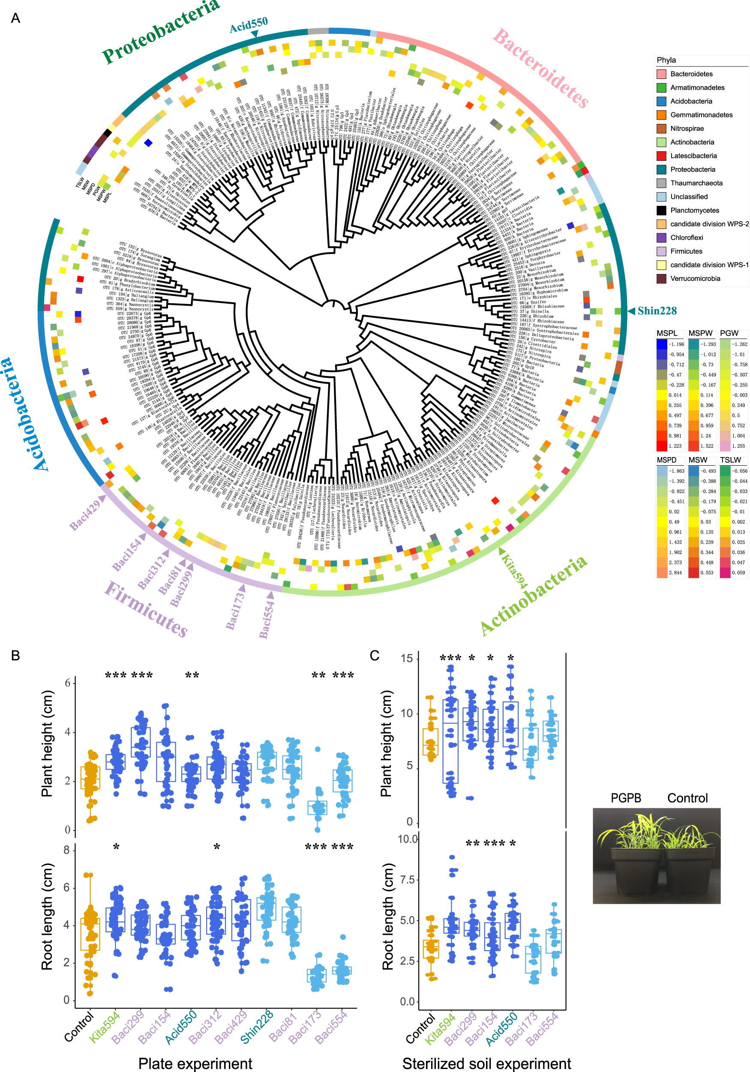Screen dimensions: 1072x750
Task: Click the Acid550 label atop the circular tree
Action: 248,25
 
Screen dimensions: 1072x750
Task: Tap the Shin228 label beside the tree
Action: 657,311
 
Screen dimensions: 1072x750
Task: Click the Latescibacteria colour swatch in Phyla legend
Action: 661,156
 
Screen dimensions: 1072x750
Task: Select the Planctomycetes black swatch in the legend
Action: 661,211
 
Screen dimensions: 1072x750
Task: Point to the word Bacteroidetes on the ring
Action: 540,68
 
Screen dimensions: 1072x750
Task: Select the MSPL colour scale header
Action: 666,333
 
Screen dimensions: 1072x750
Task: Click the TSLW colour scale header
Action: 730,460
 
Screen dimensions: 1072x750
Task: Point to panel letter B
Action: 15,656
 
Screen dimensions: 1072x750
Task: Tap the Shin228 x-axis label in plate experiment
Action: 256,1027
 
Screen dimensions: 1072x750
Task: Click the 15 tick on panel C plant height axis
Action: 407,658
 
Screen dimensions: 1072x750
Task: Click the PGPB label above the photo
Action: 625,798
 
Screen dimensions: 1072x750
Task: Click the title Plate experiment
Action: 195,1063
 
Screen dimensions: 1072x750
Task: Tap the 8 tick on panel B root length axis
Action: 66,850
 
